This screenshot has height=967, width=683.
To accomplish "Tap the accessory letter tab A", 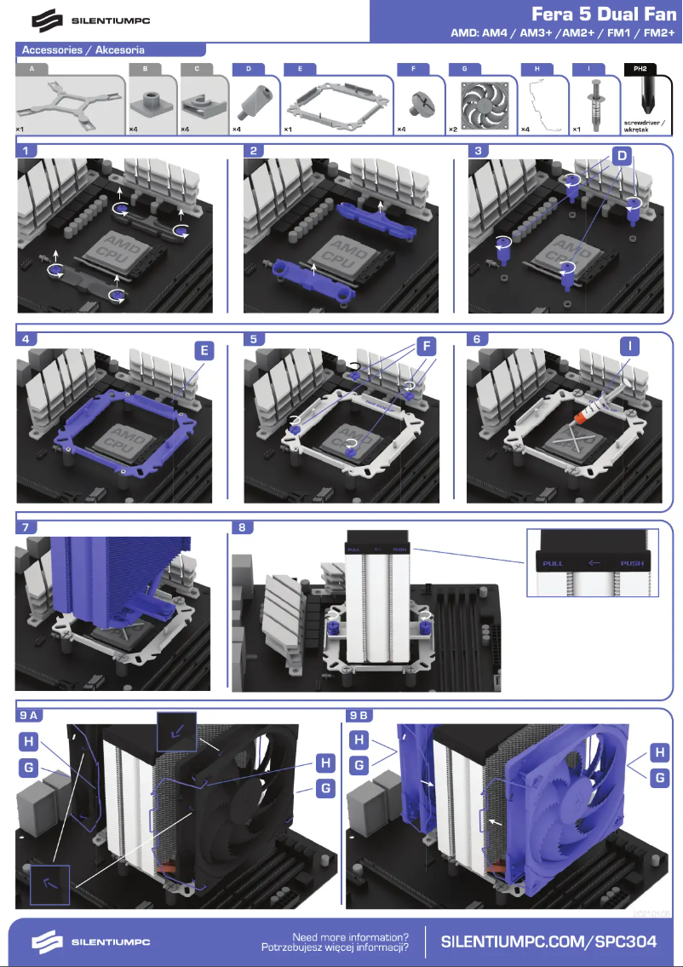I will click(x=32, y=67).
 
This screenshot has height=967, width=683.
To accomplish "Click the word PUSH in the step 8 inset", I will click(x=631, y=563).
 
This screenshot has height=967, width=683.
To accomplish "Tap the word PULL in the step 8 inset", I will click(x=554, y=563).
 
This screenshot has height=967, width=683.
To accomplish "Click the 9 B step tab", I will click(x=359, y=715).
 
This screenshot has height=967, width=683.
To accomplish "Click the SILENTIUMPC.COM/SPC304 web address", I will click(x=549, y=941).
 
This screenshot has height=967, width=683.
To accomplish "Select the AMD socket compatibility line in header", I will click(x=563, y=34).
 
